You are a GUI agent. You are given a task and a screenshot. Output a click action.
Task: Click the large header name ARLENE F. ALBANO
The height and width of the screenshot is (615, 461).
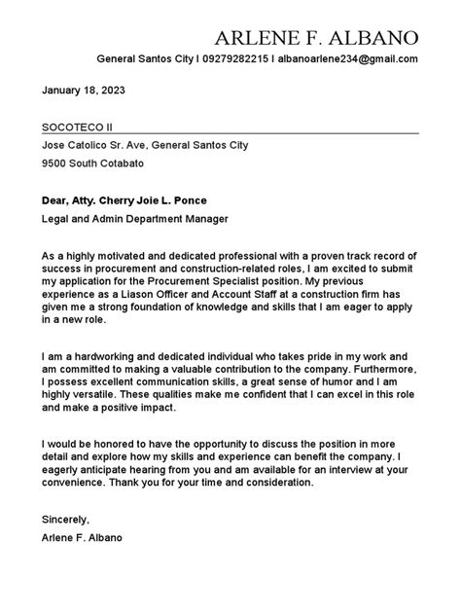pos(316,38)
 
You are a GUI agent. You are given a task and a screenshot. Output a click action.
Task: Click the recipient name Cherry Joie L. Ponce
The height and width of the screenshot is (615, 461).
pos(172,199)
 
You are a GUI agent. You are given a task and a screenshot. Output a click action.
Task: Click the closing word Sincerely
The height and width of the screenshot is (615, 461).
pos(65,520)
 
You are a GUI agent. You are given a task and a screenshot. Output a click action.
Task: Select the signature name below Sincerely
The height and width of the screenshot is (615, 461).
pos(83,537)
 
